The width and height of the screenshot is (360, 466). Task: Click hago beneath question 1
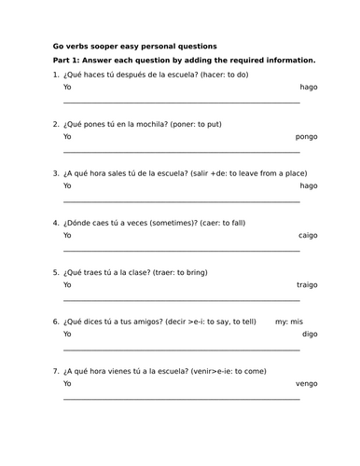[x=309, y=87]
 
